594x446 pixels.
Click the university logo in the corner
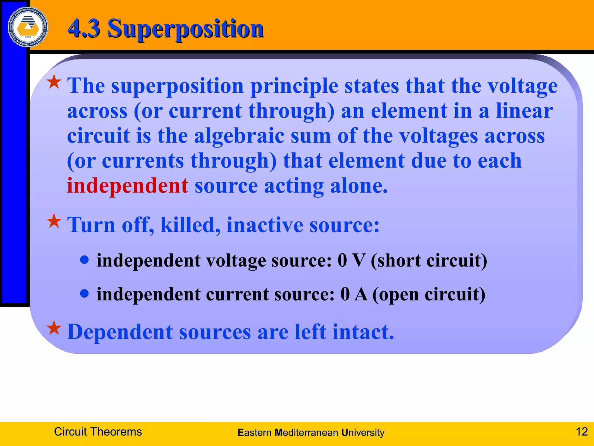point(28,27)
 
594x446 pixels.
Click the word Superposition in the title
point(186,28)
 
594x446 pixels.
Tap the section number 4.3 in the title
point(84,28)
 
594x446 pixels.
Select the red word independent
point(127,186)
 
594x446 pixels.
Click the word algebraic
point(239,136)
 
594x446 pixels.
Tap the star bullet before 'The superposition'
point(54,82)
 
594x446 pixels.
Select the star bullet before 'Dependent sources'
point(54,328)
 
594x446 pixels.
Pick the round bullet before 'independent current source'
point(84,294)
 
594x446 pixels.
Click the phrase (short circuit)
point(429,261)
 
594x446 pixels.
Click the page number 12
point(582,432)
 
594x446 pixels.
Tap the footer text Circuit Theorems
point(98,432)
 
